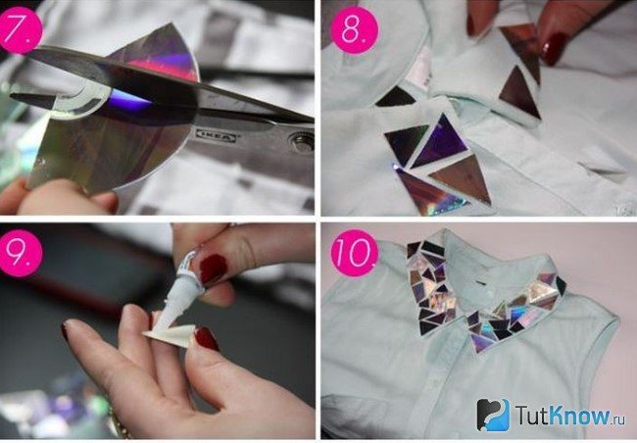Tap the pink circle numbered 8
pyautogui.click(x=354, y=29)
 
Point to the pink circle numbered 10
pyautogui.click(x=355, y=253)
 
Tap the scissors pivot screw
pyautogui.click(x=302, y=142)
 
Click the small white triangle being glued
pyautogui.click(x=170, y=336)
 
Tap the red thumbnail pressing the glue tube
pyautogui.click(x=213, y=269)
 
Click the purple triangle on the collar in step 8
pyautogui.click(x=440, y=143)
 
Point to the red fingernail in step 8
pyautogui.click(x=554, y=48)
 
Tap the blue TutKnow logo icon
pyautogui.click(x=493, y=415)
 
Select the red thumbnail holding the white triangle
pyautogui.click(x=207, y=338)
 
